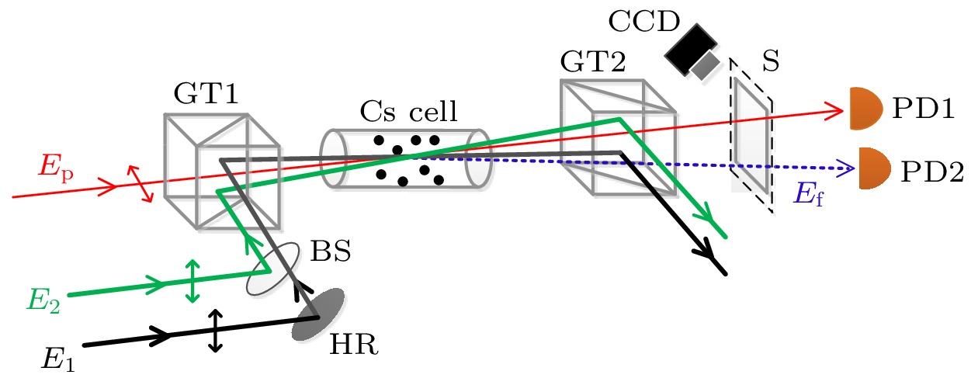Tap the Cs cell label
click(409, 113)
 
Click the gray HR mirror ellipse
click(318, 314)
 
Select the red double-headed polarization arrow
click(140, 184)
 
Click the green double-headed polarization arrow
click(192, 281)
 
